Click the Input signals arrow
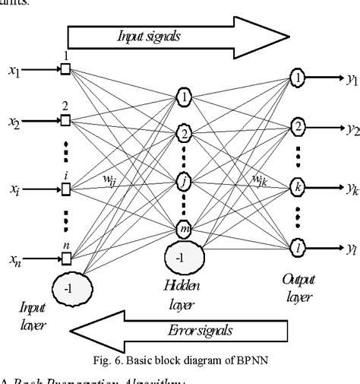178,36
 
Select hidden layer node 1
184,97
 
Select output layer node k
298,185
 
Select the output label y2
352,129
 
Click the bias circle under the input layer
73,288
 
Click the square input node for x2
65,120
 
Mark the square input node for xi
65,187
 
